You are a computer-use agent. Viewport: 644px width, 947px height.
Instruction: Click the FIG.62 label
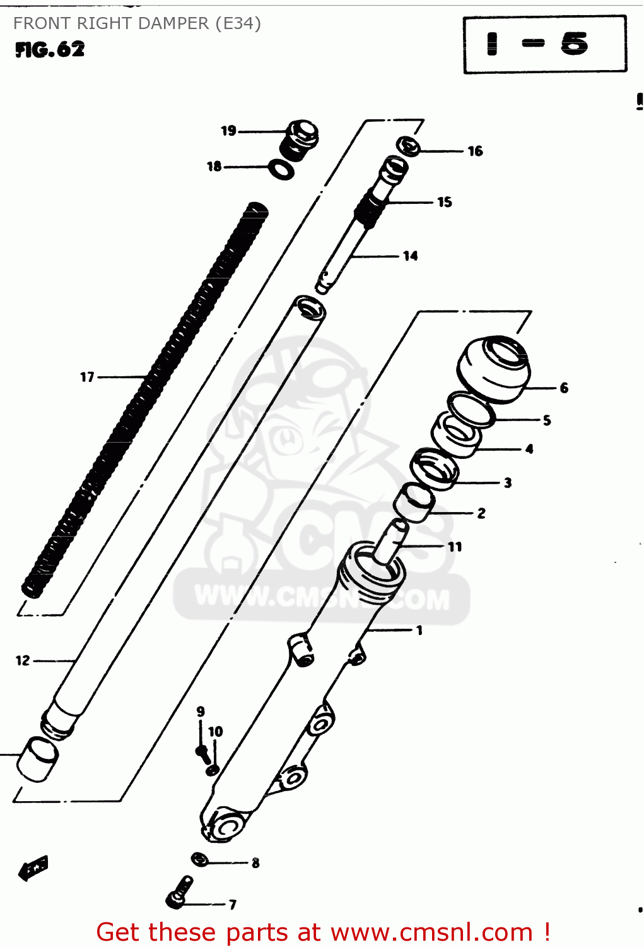(50, 49)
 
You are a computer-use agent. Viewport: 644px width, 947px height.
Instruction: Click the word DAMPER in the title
(174, 23)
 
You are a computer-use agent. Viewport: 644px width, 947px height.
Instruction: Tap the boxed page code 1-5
(544, 44)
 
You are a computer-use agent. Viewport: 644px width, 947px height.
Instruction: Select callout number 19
(228, 131)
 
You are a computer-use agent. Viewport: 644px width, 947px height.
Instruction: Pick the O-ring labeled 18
(281, 169)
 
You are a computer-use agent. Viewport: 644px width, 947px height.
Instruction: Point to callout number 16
(475, 151)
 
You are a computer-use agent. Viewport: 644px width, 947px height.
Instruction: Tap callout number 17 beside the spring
(87, 377)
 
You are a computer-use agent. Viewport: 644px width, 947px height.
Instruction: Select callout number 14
(411, 256)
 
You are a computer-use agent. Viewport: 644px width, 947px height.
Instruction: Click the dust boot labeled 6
(494, 369)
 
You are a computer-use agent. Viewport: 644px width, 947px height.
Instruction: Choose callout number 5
(547, 420)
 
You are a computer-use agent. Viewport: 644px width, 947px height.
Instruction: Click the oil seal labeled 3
(433, 468)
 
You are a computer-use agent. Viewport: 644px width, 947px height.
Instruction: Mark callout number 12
(23, 660)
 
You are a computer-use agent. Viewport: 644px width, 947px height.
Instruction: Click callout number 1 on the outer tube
(419, 630)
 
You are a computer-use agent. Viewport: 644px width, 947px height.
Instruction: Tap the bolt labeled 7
(179, 892)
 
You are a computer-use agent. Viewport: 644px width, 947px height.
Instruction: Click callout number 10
(216, 731)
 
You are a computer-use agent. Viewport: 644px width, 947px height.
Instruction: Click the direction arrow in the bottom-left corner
(33, 868)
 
